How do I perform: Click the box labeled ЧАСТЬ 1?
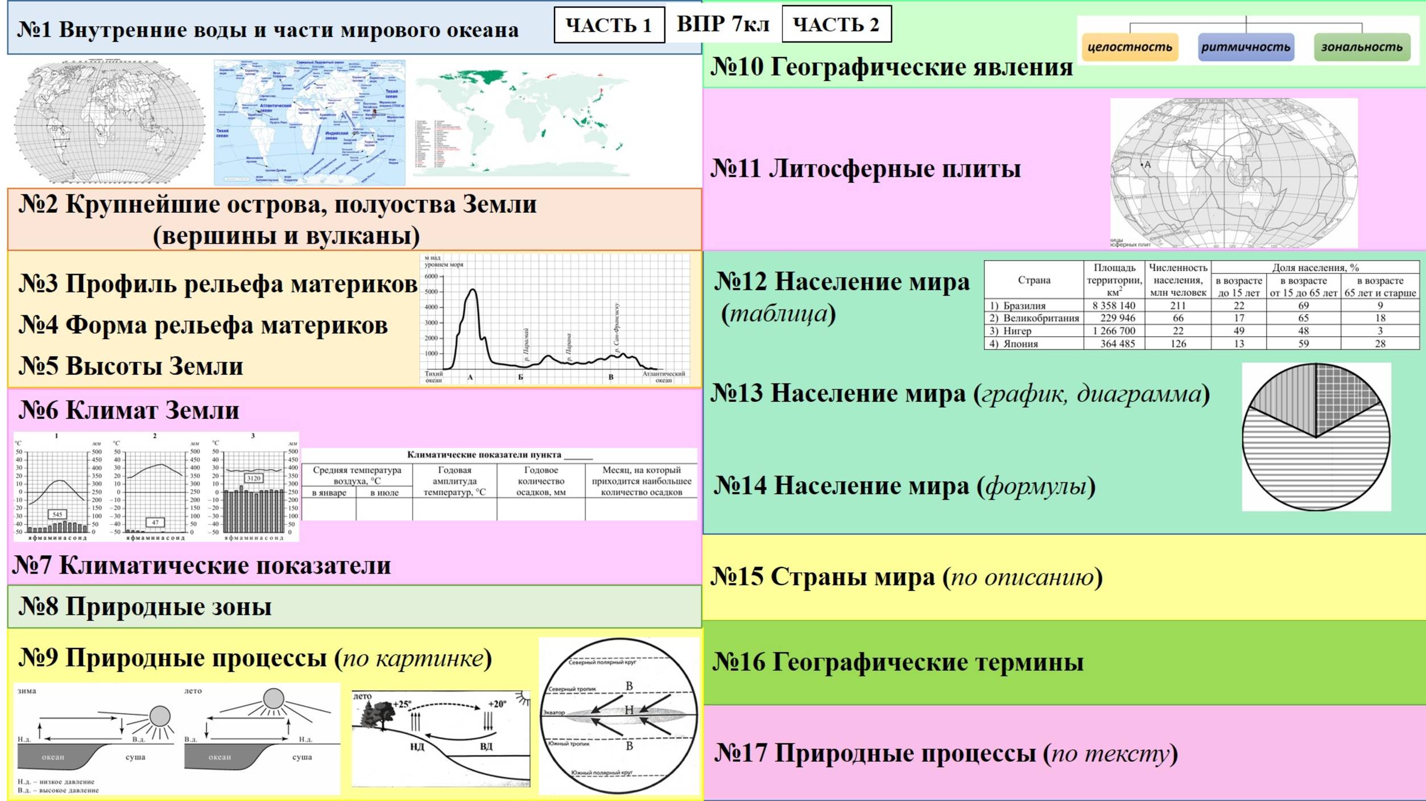click(609, 25)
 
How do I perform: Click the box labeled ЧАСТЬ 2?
click(836, 24)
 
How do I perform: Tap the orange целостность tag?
click(1130, 47)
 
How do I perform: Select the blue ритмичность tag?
click(1246, 47)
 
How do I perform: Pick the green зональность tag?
click(1362, 47)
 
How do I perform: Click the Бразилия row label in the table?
click(1024, 305)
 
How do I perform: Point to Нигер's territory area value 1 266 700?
click(1113, 331)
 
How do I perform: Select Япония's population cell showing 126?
click(1177, 344)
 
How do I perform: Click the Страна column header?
click(1034, 280)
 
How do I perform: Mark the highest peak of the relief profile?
click(472, 291)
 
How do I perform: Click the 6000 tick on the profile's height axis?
click(431, 276)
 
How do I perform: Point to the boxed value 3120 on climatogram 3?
click(254, 478)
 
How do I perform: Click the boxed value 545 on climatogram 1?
click(57, 514)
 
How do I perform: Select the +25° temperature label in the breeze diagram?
click(402, 704)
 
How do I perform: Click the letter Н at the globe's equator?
click(629, 710)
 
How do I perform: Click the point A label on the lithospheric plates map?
click(1147, 165)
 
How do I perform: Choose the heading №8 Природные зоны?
click(145, 607)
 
